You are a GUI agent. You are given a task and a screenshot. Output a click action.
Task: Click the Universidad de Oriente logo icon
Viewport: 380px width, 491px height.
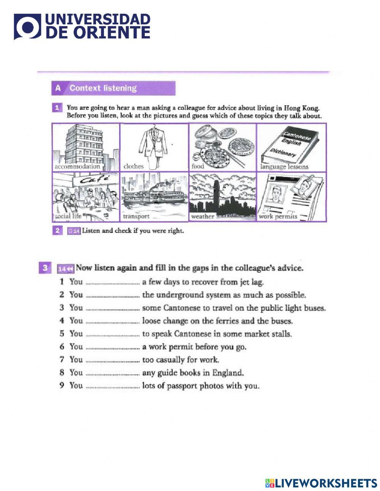(x=27, y=27)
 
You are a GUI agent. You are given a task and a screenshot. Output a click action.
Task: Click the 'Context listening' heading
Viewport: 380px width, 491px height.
(x=103, y=88)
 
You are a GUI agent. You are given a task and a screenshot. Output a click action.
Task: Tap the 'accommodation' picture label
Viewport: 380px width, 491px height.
(x=77, y=167)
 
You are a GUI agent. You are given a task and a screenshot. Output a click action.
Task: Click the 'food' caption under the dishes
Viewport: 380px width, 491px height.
(x=198, y=166)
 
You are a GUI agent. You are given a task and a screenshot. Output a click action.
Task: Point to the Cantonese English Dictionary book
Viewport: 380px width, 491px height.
(x=291, y=147)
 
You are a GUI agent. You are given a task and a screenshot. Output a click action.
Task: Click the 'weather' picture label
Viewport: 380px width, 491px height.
(x=203, y=216)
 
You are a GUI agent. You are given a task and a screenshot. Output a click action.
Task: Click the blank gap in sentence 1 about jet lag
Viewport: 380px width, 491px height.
(x=112, y=283)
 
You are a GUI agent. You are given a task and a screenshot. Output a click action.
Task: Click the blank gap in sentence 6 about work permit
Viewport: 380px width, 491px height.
(x=112, y=347)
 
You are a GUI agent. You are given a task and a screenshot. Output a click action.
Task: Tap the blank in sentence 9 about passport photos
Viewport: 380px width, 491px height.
(x=112, y=386)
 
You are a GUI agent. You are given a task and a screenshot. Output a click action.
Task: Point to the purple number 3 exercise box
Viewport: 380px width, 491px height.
(x=45, y=268)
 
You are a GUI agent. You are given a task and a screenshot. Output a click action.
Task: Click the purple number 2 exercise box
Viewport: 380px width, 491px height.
(x=57, y=230)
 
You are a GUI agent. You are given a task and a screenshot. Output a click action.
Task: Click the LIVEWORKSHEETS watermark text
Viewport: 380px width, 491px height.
(x=326, y=483)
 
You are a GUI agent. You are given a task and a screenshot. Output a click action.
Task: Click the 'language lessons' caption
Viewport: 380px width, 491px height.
(x=284, y=167)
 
